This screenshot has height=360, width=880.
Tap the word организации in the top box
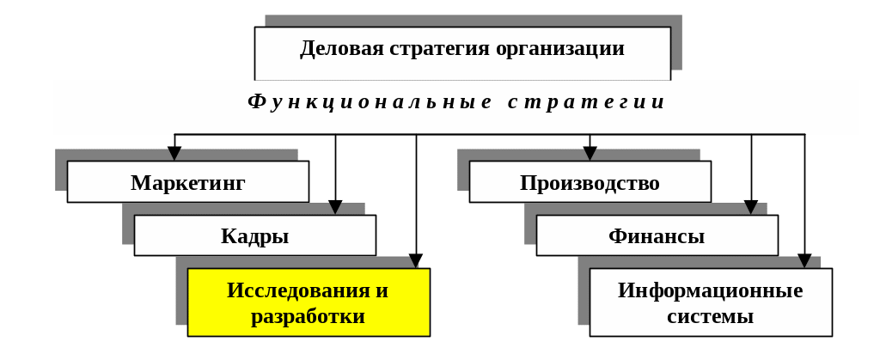[x=559, y=49]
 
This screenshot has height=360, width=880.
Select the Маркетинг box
[x=188, y=181]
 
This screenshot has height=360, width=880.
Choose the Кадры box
[x=254, y=235]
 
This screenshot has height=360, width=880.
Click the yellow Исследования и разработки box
[x=309, y=302]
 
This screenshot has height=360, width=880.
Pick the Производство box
[x=590, y=181]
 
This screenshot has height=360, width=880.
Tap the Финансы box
[x=657, y=235]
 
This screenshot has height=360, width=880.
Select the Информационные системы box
[x=711, y=302]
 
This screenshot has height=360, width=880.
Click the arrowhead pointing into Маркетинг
[x=174, y=154]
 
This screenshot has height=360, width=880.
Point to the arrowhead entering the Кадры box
[x=336, y=207]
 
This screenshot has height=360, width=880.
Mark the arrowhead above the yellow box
[x=416, y=260]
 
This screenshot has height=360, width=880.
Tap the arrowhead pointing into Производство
[x=590, y=154]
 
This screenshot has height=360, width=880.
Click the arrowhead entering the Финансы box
[x=751, y=207]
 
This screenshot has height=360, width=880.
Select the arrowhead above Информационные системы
[x=804, y=260]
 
